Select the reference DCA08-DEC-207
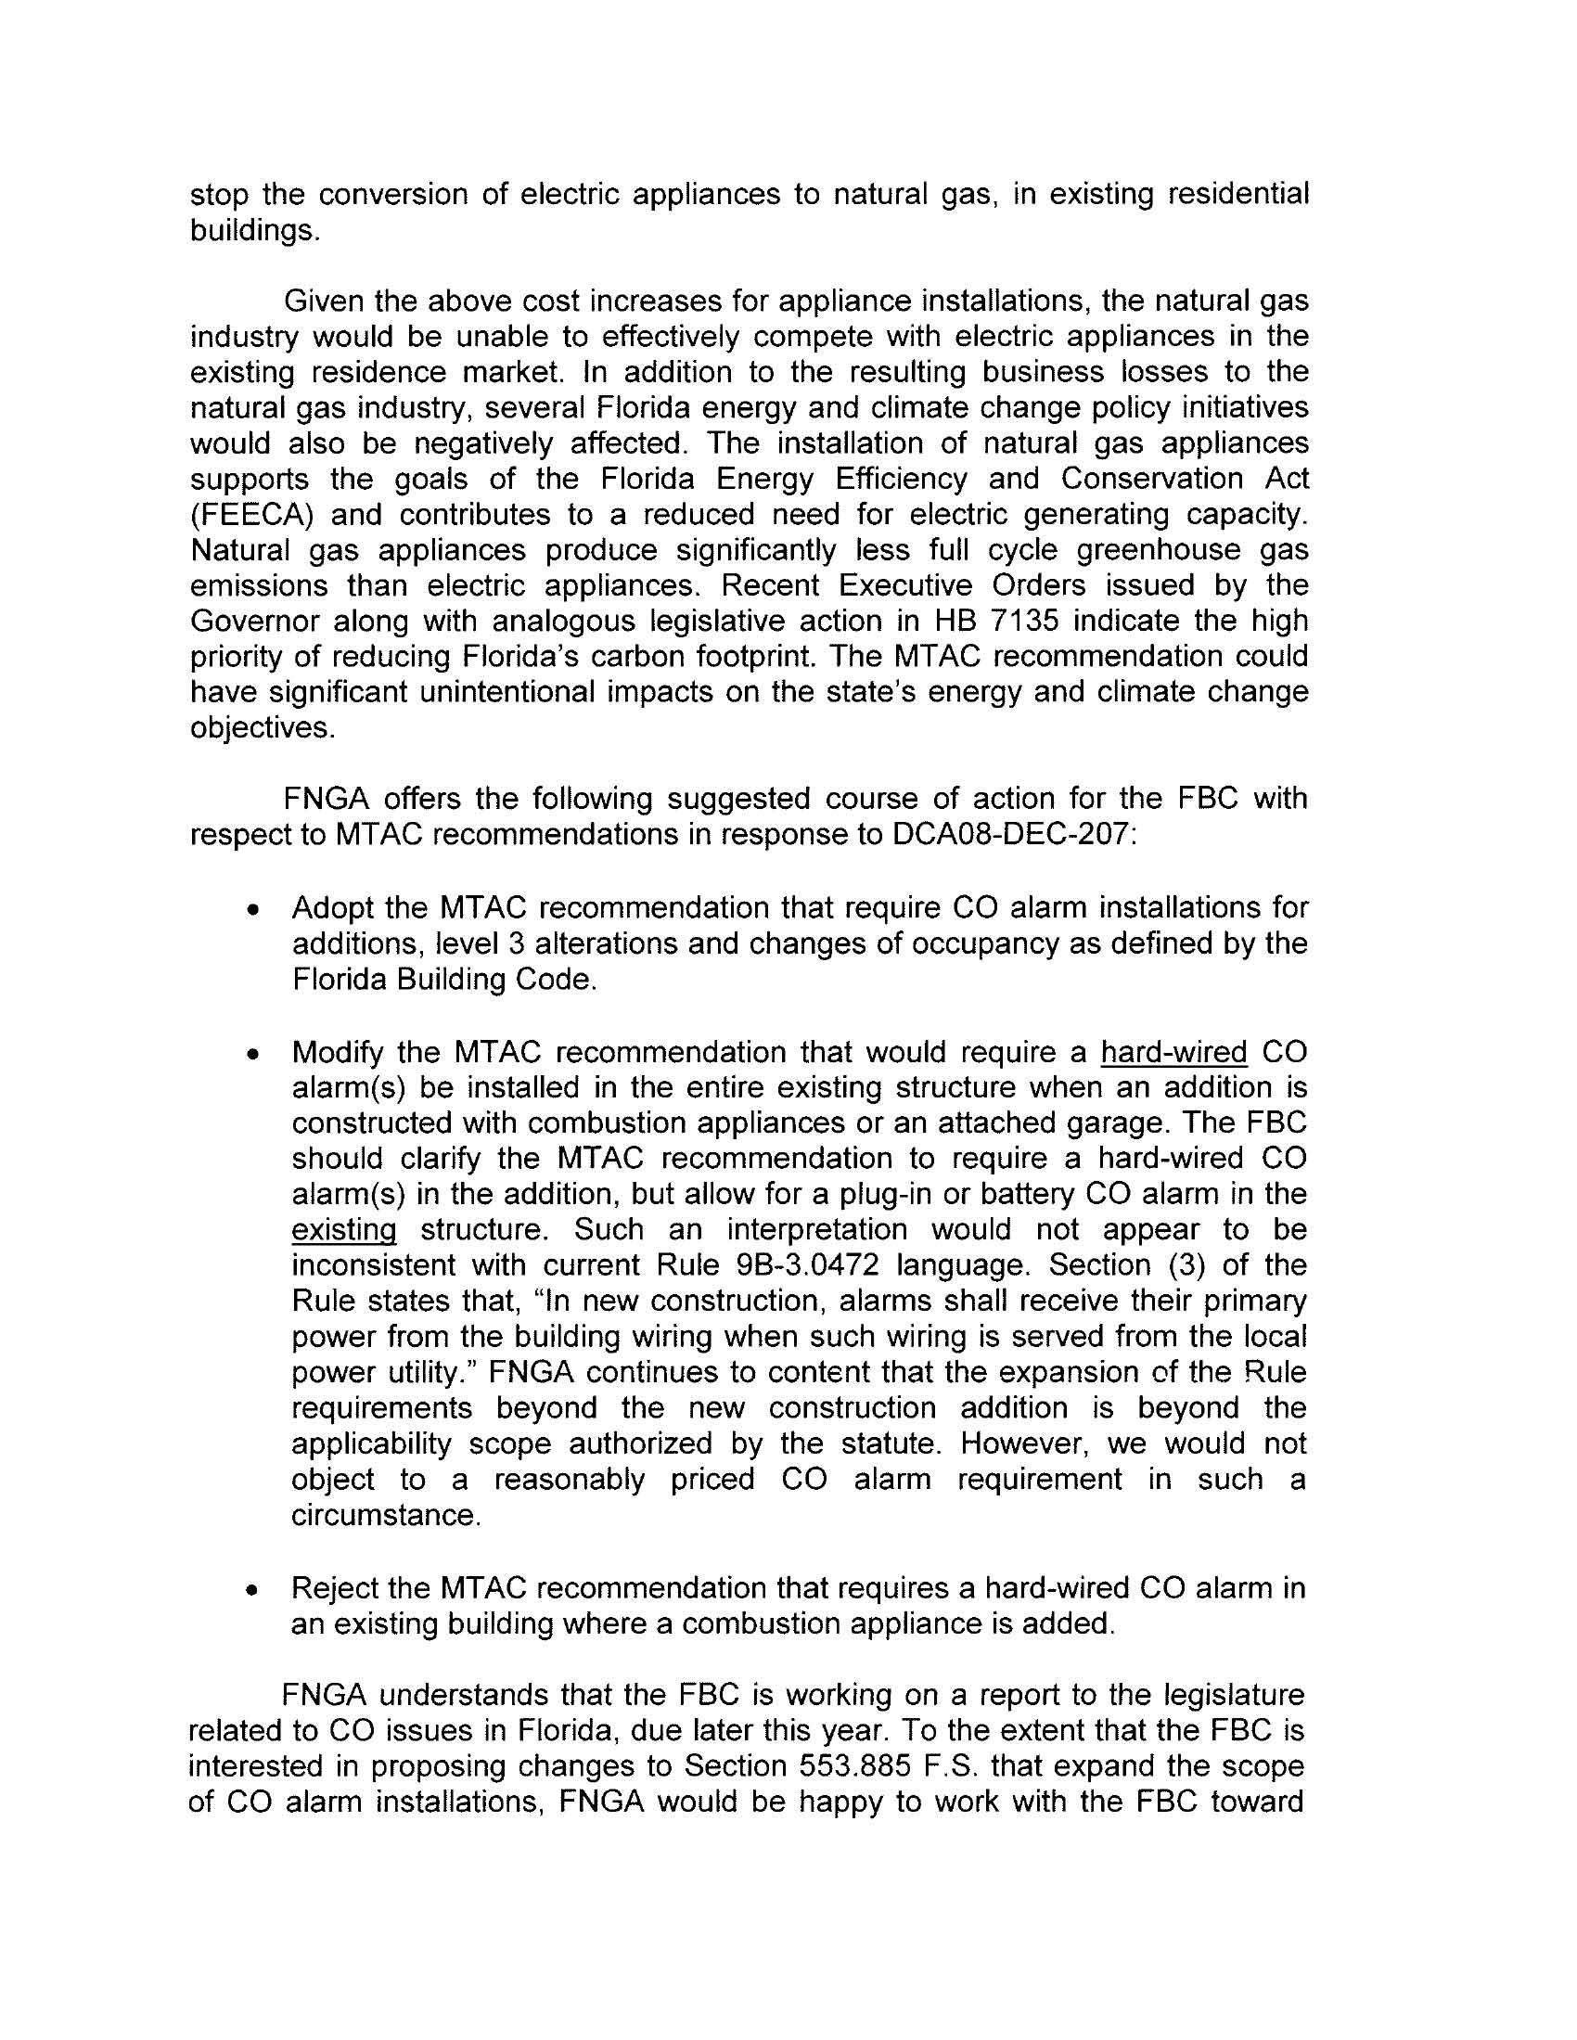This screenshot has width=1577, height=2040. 1009,834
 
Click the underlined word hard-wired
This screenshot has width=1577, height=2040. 1174,1052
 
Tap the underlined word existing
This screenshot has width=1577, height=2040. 344,1230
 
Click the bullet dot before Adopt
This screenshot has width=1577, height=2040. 251,910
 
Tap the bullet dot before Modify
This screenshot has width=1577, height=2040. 251,1055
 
